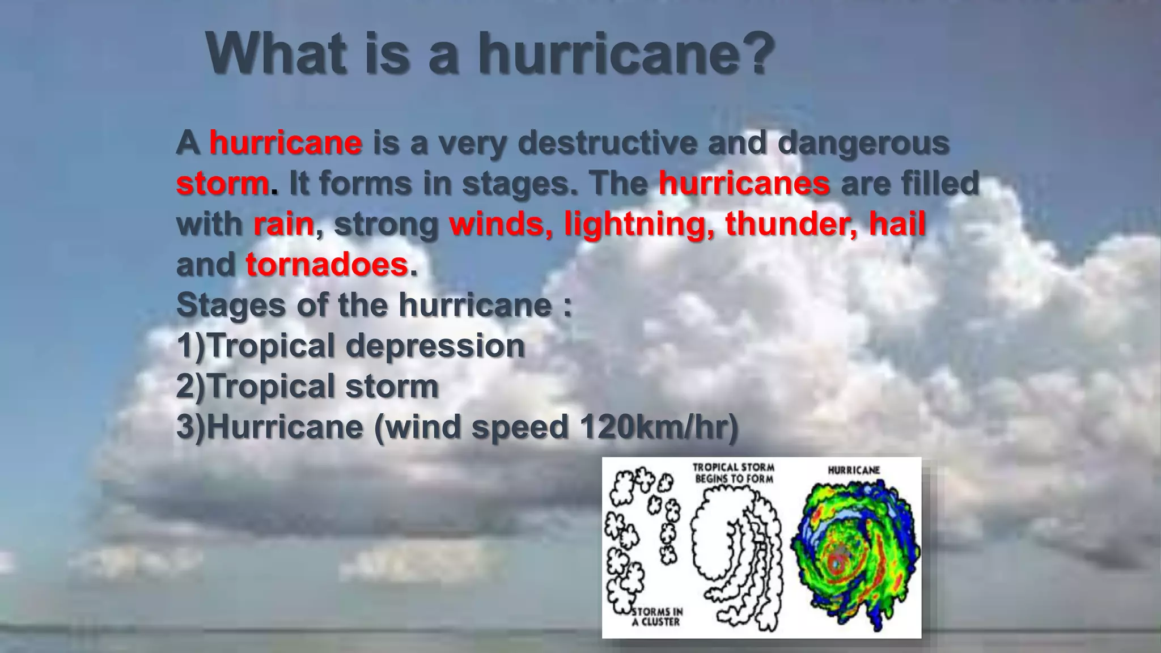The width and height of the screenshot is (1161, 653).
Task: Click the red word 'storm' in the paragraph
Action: click(x=222, y=184)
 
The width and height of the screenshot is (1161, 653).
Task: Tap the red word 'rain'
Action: click(x=283, y=224)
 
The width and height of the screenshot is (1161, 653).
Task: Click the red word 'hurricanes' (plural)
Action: click(x=744, y=184)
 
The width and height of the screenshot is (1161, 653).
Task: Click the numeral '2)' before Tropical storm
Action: click(x=192, y=387)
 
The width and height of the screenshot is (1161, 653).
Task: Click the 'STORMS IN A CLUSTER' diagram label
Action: click(x=656, y=617)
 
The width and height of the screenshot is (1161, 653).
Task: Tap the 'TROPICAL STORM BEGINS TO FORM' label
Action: click(x=734, y=473)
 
